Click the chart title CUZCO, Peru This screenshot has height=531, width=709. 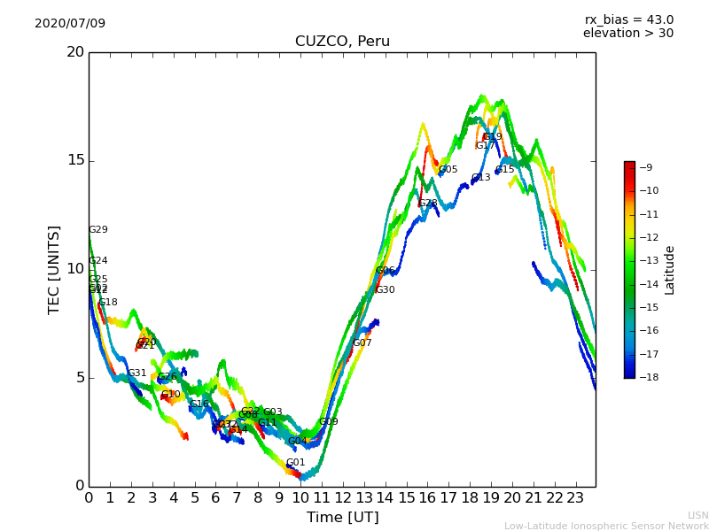coord(342,42)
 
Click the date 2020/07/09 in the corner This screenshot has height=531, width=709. coord(70,24)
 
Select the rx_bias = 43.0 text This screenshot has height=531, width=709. coord(628,20)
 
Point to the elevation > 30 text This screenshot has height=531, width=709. coord(627,34)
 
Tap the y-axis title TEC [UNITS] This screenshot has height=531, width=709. coord(55,269)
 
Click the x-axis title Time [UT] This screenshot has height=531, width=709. coord(342,518)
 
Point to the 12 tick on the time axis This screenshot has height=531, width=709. coord(343,498)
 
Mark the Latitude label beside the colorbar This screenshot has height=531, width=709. coord(670,270)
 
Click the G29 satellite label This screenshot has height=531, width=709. coord(97,230)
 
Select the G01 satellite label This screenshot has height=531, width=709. coord(295,463)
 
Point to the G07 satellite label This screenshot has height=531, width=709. coord(362,343)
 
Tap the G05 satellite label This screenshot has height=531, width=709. coord(448,170)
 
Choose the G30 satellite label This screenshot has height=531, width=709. coord(386,290)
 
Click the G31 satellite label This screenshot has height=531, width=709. coord(137,373)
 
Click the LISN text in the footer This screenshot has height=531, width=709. coord(697,515)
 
